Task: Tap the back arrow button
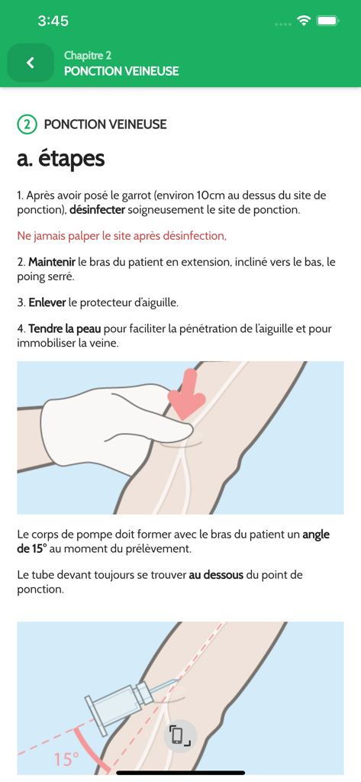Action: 31,63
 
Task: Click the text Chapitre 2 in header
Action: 88,56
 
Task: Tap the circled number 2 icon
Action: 27,124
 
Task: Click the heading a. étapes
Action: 61,159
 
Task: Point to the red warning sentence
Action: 122,236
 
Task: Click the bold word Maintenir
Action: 52,262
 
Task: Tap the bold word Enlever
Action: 47,302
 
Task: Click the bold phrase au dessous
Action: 216,574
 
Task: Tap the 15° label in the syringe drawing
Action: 66,759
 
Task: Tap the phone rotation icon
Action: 180,735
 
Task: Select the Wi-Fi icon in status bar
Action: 304,21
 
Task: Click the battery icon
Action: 328,21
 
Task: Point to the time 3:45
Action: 53,21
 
